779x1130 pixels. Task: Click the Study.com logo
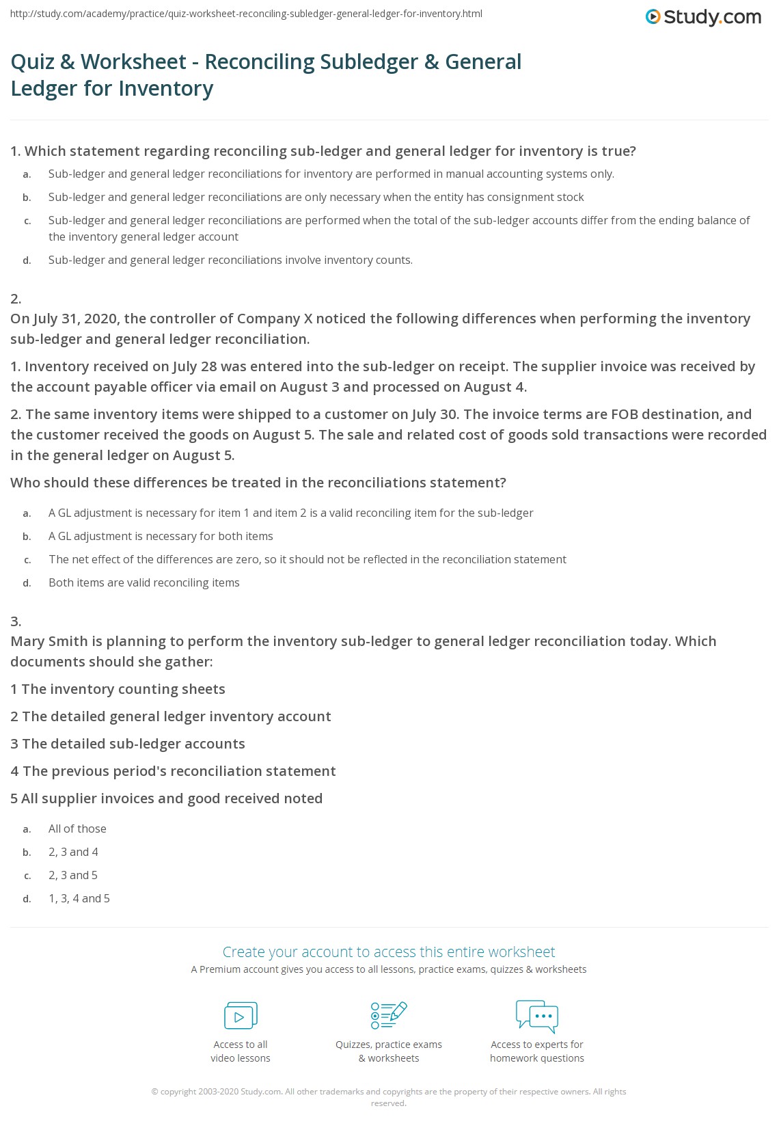[703, 17]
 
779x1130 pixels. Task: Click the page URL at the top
[246, 14]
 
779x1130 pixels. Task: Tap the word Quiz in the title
[32, 62]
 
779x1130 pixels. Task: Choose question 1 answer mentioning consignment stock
[316, 197]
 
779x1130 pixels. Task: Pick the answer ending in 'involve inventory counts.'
[230, 260]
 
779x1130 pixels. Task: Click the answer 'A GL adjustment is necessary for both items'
[161, 536]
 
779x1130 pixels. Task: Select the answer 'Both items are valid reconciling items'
[143, 582]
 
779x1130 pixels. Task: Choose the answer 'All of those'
[77, 829]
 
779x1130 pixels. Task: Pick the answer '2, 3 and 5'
[73, 875]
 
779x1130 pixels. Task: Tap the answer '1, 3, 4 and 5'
[79, 898]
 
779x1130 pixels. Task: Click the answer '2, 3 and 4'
[73, 852]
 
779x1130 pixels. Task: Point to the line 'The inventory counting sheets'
[118, 689]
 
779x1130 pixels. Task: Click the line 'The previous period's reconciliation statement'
[173, 771]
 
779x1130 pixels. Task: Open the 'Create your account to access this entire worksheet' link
[389, 952]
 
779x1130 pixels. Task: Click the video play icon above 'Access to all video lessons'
[241, 1016]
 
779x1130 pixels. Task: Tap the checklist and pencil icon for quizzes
[389, 1015]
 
